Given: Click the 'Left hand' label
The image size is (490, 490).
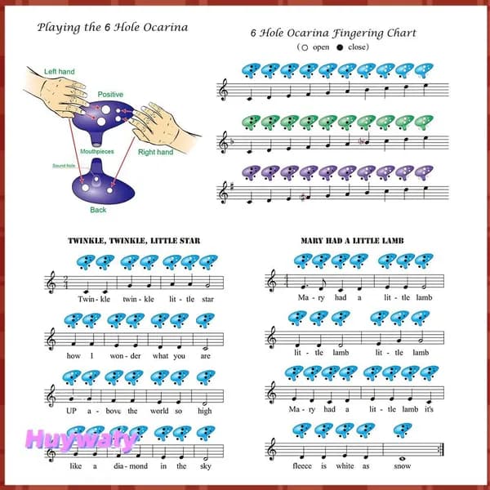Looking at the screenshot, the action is click(60, 72).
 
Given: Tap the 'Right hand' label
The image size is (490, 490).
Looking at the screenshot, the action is click(156, 152).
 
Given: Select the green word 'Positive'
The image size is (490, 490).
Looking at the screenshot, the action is click(110, 95).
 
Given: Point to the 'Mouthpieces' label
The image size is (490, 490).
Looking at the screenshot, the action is click(97, 152).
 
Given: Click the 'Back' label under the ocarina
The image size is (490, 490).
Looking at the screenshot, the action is click(98, 210).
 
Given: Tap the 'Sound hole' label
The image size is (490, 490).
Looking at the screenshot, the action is click(64, 166).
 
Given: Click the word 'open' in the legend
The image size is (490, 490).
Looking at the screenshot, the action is click(321, 47).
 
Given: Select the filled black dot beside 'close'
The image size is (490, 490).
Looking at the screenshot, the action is click(340, 47).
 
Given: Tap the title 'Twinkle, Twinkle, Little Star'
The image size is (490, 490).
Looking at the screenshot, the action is click(134, 241).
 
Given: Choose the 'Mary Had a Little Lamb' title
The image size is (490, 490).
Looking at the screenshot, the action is click(352, 241).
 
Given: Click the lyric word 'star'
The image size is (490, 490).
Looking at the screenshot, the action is click(207, 300).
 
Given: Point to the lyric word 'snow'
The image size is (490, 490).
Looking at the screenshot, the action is click(402, 466).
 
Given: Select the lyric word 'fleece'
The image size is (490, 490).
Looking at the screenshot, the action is click(302, 466).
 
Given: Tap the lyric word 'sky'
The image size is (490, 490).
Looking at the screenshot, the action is click(206, 466).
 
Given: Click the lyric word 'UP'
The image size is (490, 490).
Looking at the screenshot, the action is click(71, 411).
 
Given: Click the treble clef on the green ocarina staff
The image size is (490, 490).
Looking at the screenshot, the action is click(224, 142).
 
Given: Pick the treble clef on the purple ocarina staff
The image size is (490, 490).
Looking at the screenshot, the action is click(224, 193).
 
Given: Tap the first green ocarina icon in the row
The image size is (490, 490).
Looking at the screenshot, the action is click(251, 122).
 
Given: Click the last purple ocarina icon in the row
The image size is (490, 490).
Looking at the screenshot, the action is click(424, 172).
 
